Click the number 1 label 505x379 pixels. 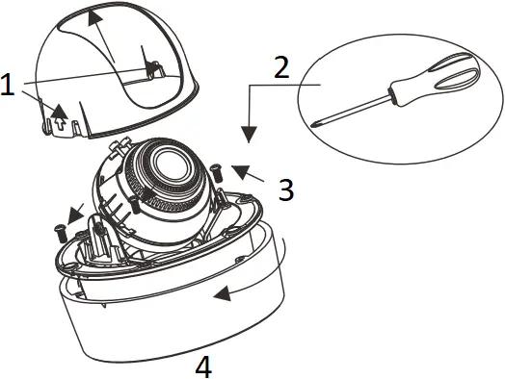[9, 86]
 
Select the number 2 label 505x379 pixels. [281, 68]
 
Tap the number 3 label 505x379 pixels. [285, 189]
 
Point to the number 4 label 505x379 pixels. [202, 366]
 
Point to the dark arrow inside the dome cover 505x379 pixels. [150, 66]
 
